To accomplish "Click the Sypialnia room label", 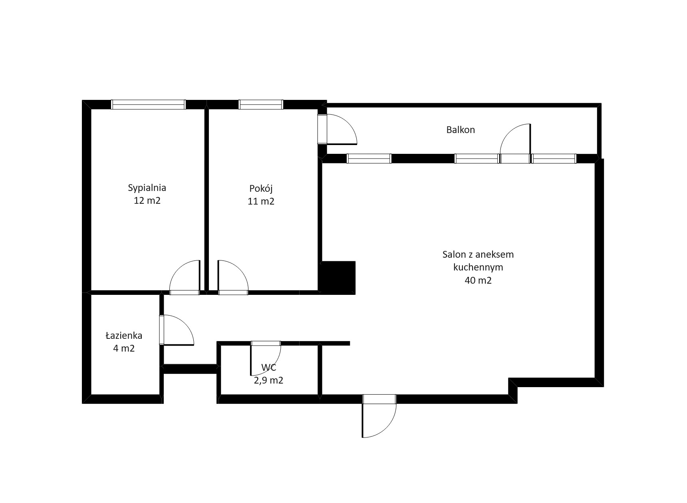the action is pyautogui.click(x=147, y=187).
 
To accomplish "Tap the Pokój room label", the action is pyautogui.click(x=261, y=188).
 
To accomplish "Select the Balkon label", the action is pyautogui.click(x=461, y=129).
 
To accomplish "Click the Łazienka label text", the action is pyautogui.click(x=124, y=336).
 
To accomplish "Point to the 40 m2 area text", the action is pyautogui.click(x=478, y=280).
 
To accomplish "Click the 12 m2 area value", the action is pyautogui.click(x=147, y=201).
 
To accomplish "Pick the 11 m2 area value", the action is pyautogui.click(x=261, y=201).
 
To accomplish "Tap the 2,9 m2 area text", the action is pyautogui.click(x=268, y=380).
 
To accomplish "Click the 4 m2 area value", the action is pyautogui.click(x=124, y=348).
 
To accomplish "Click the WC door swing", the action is pyautogui.click(x=276, y=364).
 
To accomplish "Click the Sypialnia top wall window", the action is pyautogui.click(x=148, y=105).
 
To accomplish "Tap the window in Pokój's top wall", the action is pyautogui.click(x=261, y=105).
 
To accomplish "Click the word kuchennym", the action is pyautogui.click(x=478, y=267).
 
